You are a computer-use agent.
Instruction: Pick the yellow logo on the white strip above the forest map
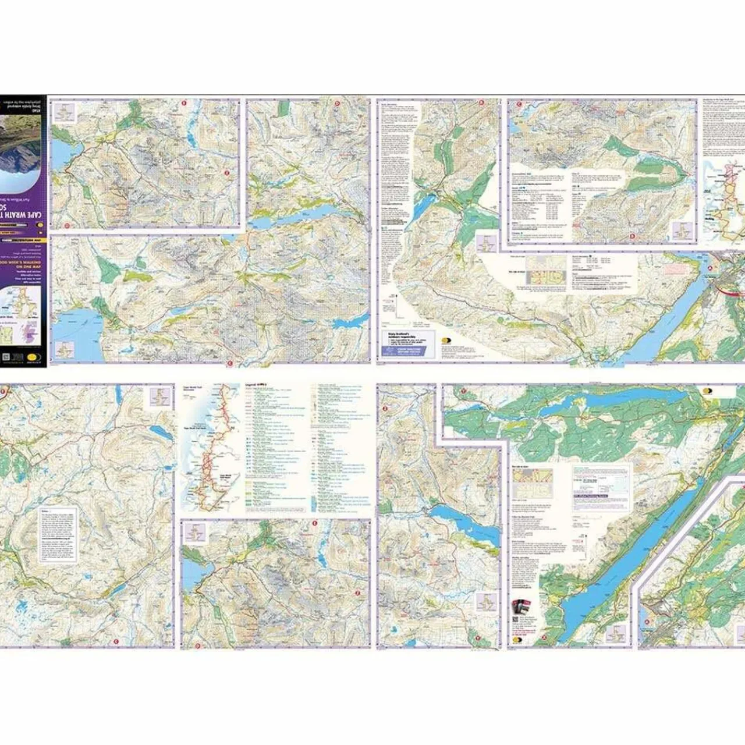tap(707, 392)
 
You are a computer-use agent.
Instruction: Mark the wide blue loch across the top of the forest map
tap(599, 402)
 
